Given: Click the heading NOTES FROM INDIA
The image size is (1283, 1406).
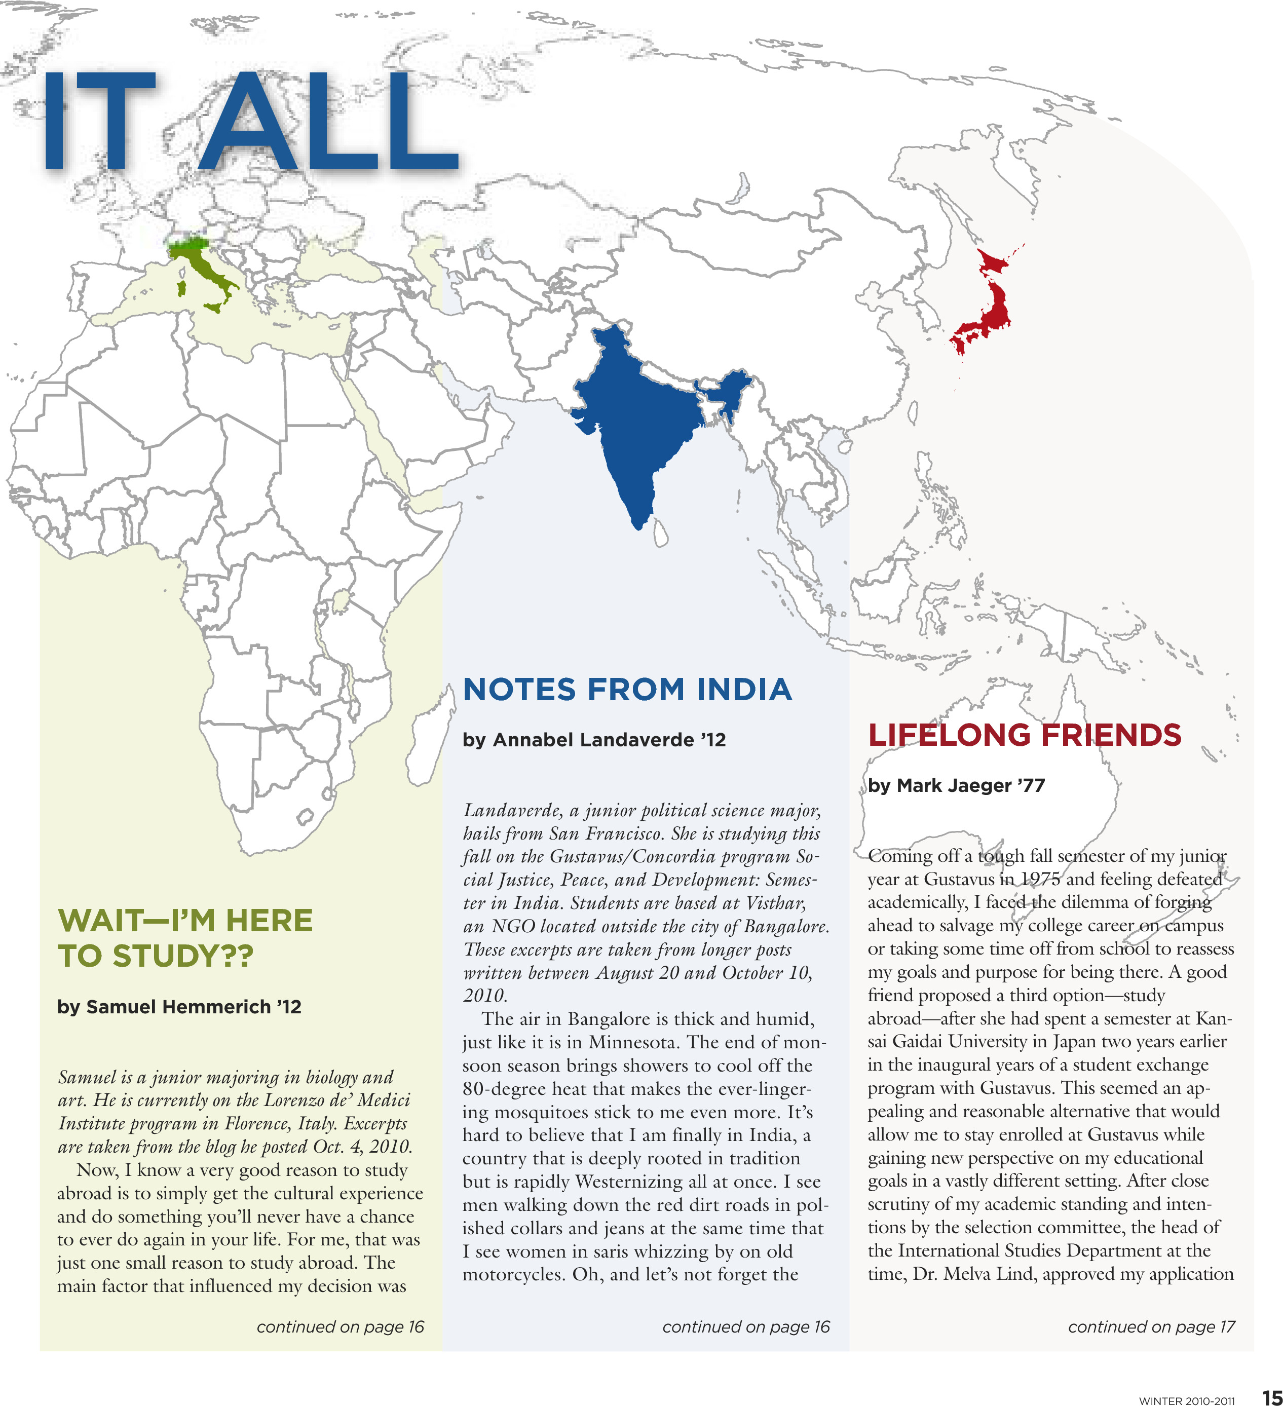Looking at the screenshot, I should point(626,689).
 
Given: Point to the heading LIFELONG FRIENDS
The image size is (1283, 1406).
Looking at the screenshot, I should point(1024,735).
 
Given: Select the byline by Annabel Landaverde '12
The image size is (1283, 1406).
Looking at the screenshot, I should point(594,739).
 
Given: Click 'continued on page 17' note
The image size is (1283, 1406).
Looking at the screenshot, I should point(1151,1326).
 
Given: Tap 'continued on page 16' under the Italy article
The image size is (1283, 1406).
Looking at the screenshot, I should point(340,1326).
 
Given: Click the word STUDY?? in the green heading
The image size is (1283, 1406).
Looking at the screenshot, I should point(183,956).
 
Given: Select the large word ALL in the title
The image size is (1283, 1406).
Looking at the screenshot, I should point(328,122).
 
